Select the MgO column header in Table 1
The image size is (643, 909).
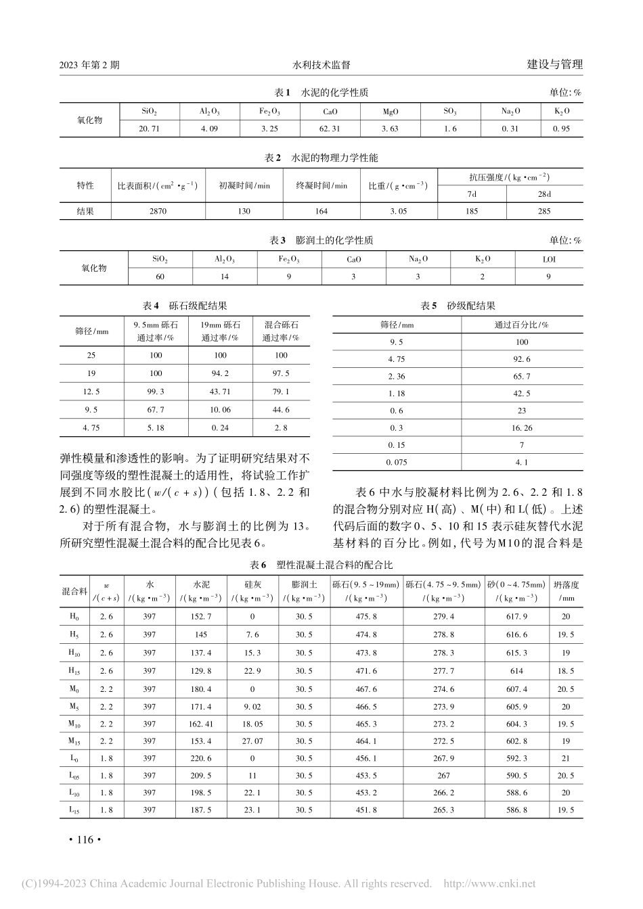(x=391, y=112)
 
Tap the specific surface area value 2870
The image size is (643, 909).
(x=157, y=211)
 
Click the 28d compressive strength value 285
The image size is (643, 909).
(x=544, y=211)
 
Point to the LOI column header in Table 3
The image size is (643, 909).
(x=549, y=259)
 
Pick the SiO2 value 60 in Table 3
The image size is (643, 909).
(x=160, y=276)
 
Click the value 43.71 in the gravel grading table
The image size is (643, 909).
(x=221, y=392)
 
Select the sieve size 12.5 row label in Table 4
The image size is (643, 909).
(x=91, y=392)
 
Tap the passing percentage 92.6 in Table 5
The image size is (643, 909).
(x=522, y=360)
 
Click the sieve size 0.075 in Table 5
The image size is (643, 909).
(x=396, y=463)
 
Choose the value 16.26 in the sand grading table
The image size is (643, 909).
(x=522, y=428)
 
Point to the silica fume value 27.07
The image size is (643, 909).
(x=252, y=741)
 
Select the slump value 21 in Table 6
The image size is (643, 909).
(x=566, y=759)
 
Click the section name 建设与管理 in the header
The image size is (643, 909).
(x=554, y=65)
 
